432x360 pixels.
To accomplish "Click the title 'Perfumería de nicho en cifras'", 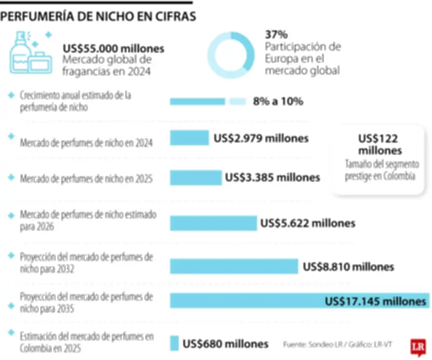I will click(x=98, y=17).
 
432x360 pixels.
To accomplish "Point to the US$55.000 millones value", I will click(x=113, y=49).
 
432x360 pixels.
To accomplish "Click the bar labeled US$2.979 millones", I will click(x=189, y=138).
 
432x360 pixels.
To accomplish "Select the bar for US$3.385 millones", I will click(x=195, y=177).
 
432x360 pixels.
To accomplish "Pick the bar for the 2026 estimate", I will click(x=213, y=223).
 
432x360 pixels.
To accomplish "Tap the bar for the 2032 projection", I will click(x=234, y=266).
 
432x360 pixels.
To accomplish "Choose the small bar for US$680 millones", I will click(x=174, y=343).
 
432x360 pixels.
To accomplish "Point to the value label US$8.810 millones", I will click(x=348, y=266).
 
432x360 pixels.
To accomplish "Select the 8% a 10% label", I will click(x=278, y=101).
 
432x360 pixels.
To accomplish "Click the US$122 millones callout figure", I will click(x=380, y=144).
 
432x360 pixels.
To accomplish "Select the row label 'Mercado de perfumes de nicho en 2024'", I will click(x=86, y=143).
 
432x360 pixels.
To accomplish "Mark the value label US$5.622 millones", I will click(x=307, y=223).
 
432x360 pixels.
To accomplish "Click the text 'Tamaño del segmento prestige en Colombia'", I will click(x=380, y=171).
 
